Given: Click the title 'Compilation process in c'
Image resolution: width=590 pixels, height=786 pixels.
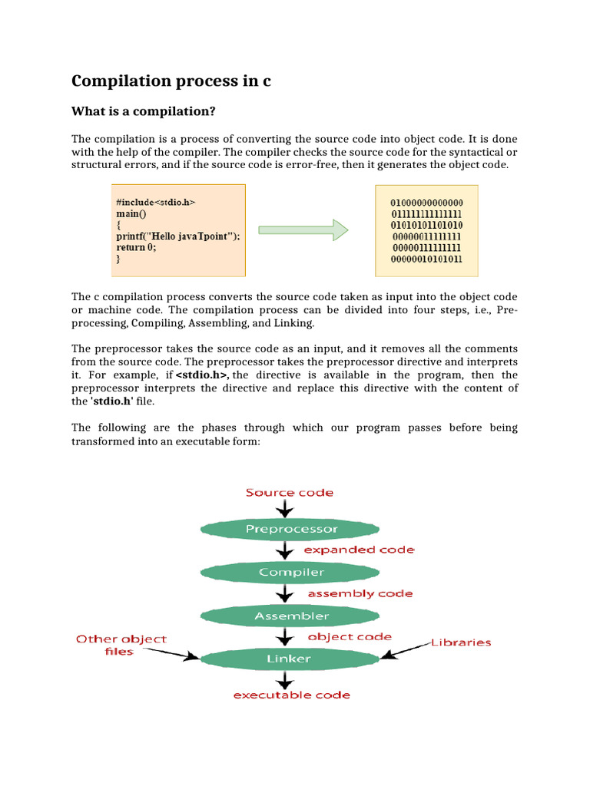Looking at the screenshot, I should (171, 81).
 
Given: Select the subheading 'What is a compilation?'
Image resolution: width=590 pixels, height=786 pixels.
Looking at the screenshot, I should (144, 112).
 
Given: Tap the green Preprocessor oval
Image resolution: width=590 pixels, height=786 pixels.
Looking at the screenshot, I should (290, 529).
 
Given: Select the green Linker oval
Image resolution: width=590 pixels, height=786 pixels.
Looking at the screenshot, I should (289, 659).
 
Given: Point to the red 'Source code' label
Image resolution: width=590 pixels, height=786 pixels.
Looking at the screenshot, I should (289, 492).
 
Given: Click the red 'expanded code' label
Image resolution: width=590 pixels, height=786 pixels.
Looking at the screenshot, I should (358, 550).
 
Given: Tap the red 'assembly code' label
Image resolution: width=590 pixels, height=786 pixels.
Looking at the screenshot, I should (360, 593).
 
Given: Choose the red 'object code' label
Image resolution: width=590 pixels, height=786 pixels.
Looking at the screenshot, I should (350, 636).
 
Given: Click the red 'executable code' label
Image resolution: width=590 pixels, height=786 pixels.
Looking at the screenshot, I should (292, 695).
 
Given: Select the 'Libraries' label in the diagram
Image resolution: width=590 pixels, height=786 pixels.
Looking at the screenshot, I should (460, 642).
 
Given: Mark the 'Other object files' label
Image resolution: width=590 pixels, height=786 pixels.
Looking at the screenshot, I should (121, 645).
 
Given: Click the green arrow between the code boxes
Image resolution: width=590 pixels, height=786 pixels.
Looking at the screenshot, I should (303, 230).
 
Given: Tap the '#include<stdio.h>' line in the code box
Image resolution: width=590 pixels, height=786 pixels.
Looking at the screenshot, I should (156, 202).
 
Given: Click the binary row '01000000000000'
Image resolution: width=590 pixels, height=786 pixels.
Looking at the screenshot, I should (426, 203).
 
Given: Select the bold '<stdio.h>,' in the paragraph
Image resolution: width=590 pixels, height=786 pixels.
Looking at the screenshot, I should (204, 375).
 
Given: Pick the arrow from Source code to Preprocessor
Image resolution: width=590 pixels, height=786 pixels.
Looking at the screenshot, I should (286, 508).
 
